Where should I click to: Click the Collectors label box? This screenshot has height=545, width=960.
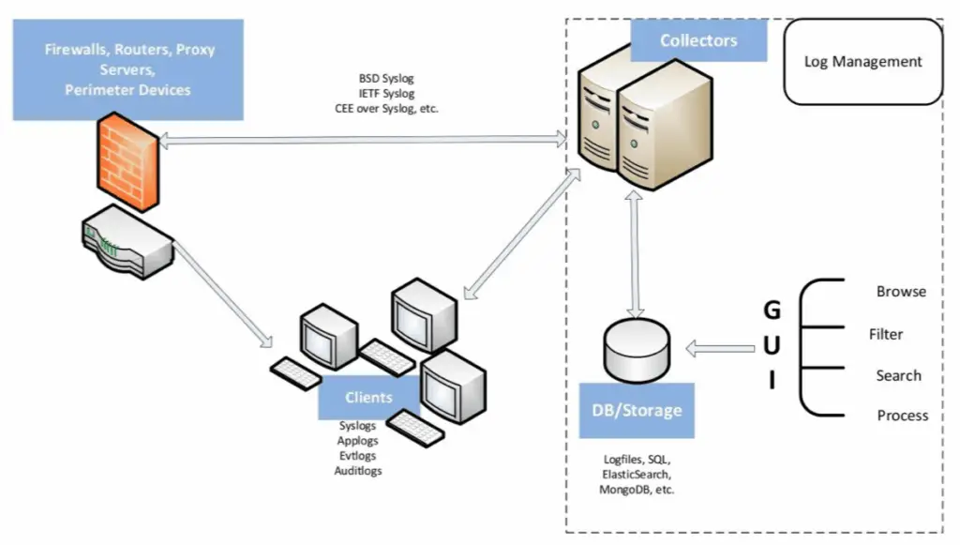click(x=698, y=40)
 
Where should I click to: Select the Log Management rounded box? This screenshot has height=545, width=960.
click(x=862, y=62)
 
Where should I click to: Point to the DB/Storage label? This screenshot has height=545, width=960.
click(x=637, y=410)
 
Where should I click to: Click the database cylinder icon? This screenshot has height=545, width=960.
click(x=637, y=348)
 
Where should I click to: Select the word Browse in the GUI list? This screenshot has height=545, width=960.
click(x=901, y=292)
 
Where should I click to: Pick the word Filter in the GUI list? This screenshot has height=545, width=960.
click(x=886, y=334)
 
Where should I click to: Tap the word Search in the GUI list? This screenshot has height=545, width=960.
click(x=898, y=375)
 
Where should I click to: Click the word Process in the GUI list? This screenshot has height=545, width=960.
click(x=902, y=416)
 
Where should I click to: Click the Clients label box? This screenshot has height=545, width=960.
click(x=368, y=398)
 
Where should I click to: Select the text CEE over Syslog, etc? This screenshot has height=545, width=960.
click(x=387, y=108)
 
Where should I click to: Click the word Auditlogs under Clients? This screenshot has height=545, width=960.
click(x=358, y=471)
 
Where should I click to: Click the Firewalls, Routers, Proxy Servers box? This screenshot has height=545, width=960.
click(x=128, y=69)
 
